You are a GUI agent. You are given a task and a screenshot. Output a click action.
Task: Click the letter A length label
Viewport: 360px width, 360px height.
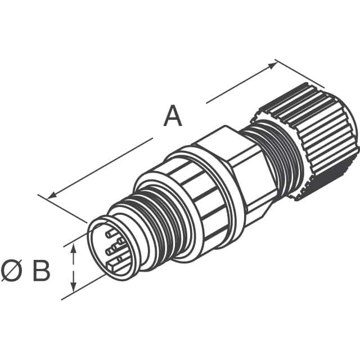pos(173,117)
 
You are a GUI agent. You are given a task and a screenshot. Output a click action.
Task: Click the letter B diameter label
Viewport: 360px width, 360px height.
pos(41,272)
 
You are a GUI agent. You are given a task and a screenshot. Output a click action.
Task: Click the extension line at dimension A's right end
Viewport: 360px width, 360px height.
pos(298,73)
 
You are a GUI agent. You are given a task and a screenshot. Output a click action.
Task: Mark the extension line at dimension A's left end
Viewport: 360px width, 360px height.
pos(62,208)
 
